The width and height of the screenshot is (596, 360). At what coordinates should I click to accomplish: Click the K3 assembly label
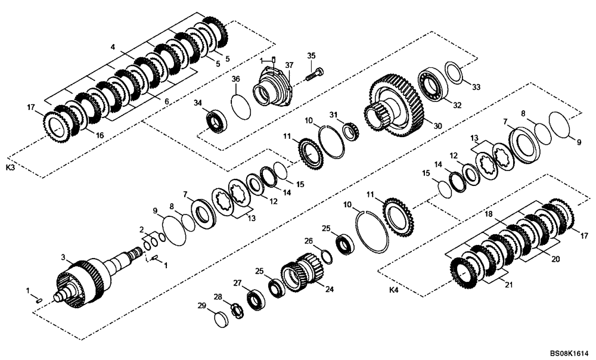(10, 169)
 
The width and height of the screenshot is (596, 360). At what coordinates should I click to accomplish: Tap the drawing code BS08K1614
(569, 353)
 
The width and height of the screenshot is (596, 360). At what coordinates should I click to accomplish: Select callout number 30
(438, 126)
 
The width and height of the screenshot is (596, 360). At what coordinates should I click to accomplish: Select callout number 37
(289, 65)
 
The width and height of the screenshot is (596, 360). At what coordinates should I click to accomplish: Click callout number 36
(235, 79)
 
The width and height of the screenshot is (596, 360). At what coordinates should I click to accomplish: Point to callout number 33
(476, 87)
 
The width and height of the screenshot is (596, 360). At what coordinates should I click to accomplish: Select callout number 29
(202, 306)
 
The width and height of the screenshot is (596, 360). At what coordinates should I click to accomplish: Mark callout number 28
(218, 296)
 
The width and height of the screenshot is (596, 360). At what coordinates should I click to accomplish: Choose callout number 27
(237, 283)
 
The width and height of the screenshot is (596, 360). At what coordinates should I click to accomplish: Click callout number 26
(309, 241)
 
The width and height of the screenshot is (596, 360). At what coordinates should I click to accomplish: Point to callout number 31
(334, 114)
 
